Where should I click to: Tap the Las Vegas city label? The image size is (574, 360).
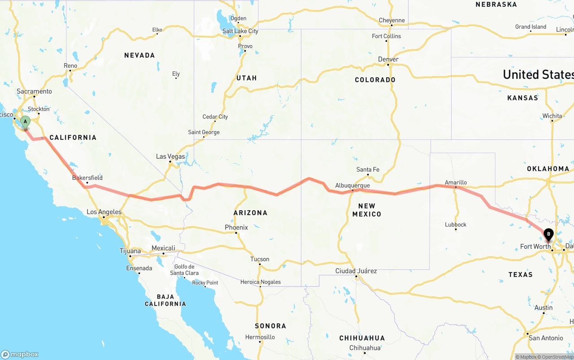point(170,156)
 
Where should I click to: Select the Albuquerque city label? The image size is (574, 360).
point(352,186)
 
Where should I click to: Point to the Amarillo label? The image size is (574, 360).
point(456,182)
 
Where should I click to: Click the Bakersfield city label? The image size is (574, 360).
point(87,178)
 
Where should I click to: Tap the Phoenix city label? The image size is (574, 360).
point(236,227)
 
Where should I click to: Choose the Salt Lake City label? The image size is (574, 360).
point(240,31)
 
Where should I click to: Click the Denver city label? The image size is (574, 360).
point(388,59)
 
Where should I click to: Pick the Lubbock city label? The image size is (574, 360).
point(456,225)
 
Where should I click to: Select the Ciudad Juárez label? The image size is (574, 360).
point(356,271)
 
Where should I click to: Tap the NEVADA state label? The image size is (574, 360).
point(139,55)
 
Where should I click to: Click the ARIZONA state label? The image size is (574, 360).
point(250,213)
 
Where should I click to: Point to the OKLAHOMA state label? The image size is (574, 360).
point(548,169)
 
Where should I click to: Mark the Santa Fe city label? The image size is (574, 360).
point(368,169)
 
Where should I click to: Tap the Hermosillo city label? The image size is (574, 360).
point(260,337)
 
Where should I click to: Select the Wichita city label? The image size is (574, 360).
point(552,116)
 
